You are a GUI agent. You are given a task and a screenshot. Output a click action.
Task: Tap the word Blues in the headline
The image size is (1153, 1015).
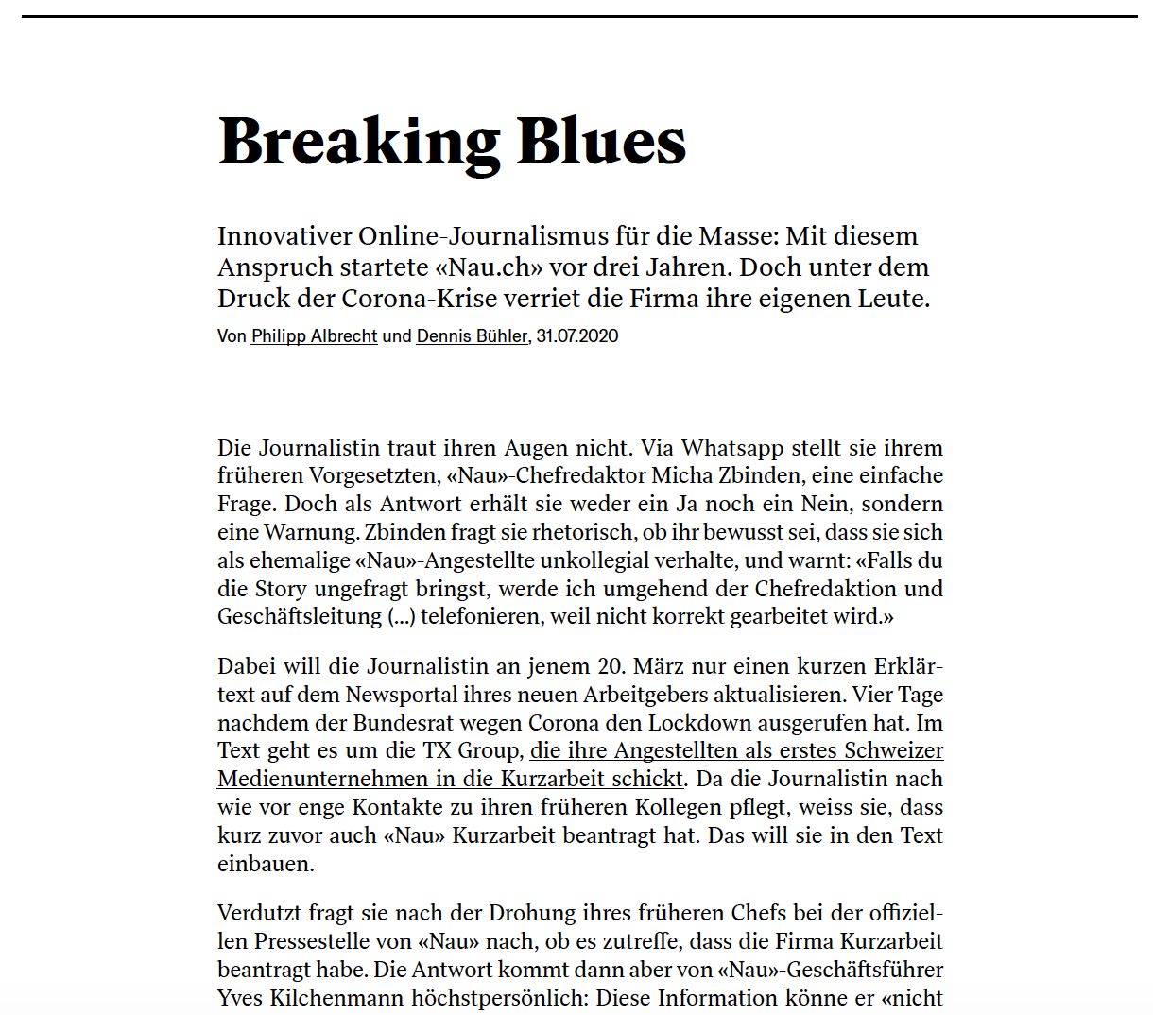pyautogui.click(x=601, y=142)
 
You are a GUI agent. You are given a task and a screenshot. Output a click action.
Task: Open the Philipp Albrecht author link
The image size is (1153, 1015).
pyautogui.click(x=314, y=336)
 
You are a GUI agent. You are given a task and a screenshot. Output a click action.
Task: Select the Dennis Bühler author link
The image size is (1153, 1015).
pyautogui.click(x=472, y=336)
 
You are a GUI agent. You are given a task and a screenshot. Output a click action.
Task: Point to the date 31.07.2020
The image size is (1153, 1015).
pyautogui.click(x=576, y=336)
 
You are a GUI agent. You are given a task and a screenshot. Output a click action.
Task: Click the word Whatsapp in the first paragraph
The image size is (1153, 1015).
pyautogui.click(x=732, y=448)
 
